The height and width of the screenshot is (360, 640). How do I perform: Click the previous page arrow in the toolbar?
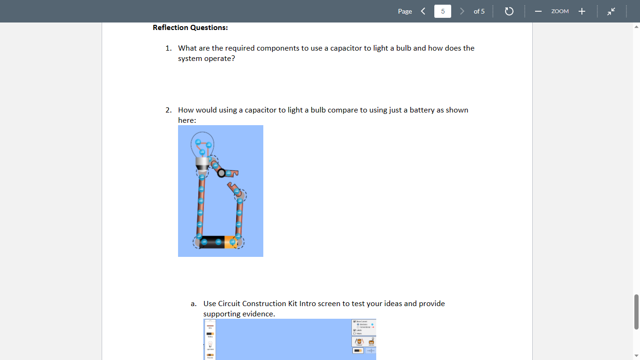[423, 11]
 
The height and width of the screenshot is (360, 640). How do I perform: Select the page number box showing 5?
[442, 11]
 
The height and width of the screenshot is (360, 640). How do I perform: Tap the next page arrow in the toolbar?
[462, 11]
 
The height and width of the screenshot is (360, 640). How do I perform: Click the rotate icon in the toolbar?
[509, 11]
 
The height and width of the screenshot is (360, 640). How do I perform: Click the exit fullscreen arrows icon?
[611, 11]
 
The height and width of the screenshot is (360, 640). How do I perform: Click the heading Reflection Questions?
[190, 28]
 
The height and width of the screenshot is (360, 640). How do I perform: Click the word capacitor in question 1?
[346, 48]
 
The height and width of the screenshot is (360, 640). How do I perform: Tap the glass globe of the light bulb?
[202, 143]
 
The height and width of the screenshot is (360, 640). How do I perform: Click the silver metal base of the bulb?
[202, 164]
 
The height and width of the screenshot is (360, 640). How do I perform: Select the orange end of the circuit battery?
[231, 242]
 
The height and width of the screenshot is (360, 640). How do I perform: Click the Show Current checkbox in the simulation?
[355, 322]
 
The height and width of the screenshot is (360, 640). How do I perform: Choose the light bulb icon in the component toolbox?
[210, 345]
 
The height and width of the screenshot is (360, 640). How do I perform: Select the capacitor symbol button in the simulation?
[371, 351]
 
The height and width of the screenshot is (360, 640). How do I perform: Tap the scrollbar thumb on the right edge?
[636, 312]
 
